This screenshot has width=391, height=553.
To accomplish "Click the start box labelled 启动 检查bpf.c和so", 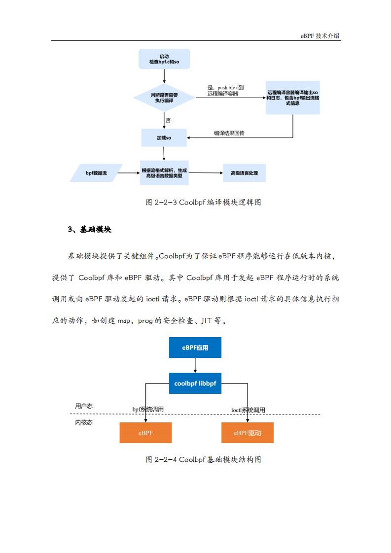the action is click(x=164, y=59).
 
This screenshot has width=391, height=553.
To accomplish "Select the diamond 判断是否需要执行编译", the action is click(x=164, y=98).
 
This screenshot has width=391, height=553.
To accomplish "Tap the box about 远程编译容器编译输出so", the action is click(x=292, y=98).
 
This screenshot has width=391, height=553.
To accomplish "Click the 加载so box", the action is click(x=164, y=138).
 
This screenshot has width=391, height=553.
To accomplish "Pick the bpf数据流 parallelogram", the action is click(x=96, y=173).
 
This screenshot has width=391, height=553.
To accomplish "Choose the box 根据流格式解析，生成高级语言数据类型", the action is click(x=164, y=173).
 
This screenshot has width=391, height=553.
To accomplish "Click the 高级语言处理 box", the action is click(x=244, y=173).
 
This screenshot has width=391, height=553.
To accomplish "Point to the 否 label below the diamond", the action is click(x=168, y=120).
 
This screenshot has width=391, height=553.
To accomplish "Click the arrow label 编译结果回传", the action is click(x=229, y=133).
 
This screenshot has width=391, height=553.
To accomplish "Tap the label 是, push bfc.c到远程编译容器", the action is click(x=225, y=90).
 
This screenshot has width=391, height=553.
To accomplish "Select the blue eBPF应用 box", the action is click(x=195, y=347).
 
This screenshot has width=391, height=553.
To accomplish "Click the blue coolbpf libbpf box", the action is click(x=195, y=383).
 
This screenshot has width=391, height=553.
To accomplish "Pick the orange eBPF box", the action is click(x=146, y=433).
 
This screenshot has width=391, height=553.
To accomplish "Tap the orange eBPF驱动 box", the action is click(x=248, y=433).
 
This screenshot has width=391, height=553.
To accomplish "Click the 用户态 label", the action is click(x=84, y=406).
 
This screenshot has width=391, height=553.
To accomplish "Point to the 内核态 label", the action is click(x=84, y=422).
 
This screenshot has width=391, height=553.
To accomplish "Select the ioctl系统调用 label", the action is click(x=248, y=410).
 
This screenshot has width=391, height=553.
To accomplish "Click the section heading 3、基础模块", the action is click(x=90, y=229).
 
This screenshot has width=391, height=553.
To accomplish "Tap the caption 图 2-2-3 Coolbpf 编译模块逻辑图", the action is click(x=203, y=202).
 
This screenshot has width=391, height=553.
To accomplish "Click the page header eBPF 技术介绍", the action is click(x=320, y=35).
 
